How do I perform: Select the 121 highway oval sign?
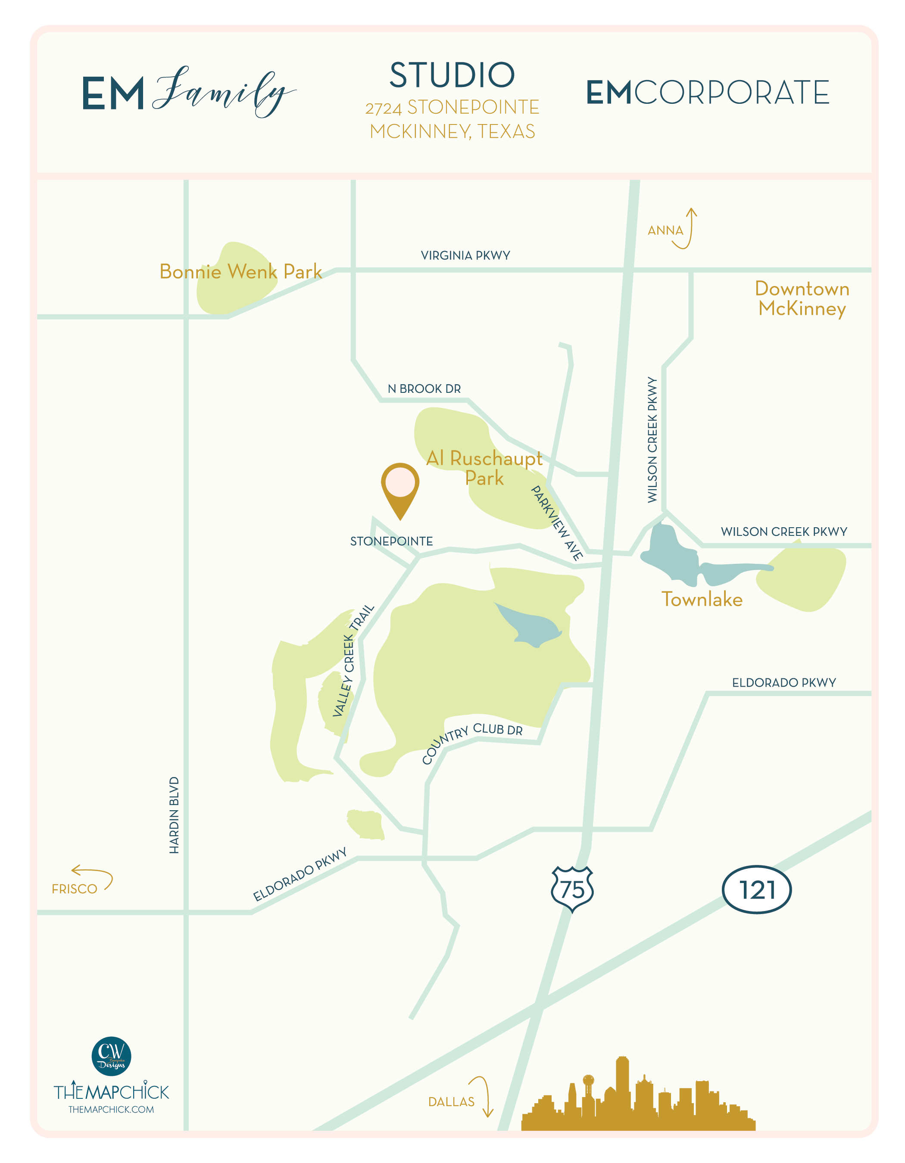pyautogui.click(x=756, y=889)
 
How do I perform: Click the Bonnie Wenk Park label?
pyautogui.click(x=241, y=271)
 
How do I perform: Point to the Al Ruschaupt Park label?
pyautogui.click(x=484, y=467)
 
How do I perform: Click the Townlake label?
pyautogui.click(x=702, y=600)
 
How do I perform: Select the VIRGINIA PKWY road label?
pyautogui.click(x=465, y=255)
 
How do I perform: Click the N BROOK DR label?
pyautogui.click(x=424, y=389)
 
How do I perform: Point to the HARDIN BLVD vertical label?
pyautogui.click(x=174, y=815)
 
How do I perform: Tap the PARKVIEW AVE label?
pyautogui.click(x=557, y=523)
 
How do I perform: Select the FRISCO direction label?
pyautogui.click(x=75, y=889)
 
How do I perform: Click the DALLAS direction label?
pyautogui.click(x=451, y=1102)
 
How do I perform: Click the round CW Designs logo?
pyautogui.click(x=111, y=1056)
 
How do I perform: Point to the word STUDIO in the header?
pyautogui.click(x=452, y=75)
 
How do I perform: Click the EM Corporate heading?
pyautogui.click(x=707, y=93)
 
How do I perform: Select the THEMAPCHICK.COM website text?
pyautogui.click(x=111, y=1109)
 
